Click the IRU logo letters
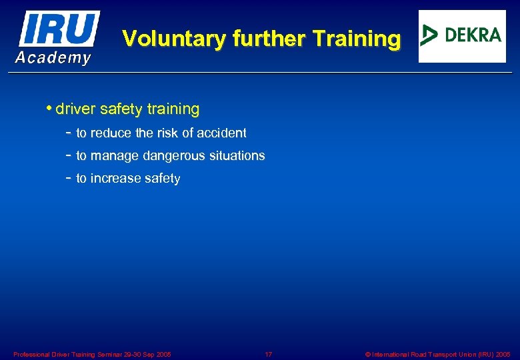(x=59, y=29)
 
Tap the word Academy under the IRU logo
(x=53, y=58)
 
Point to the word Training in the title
(x=357, y=39)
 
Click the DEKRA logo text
(x=473, y=35)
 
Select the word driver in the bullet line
(x=76, y=109)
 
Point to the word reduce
(x=111, y=133)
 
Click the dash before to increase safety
(x=69, y=178)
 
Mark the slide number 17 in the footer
(x=269, y=355)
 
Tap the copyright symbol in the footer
(x=368, y=355)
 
